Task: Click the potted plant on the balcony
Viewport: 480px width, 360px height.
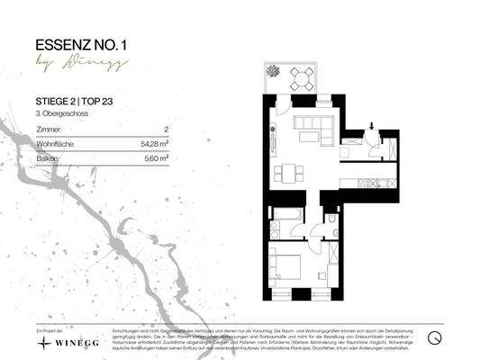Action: pyautogui.click(x=271, y=71)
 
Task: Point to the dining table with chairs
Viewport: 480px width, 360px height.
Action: pyautogui.click(x=286, y=172)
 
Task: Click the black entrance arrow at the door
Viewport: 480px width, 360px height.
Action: pyautogui.click(x=372, y=128)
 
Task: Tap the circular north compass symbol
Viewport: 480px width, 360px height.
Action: pyautogui.click(x=435, y=338)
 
